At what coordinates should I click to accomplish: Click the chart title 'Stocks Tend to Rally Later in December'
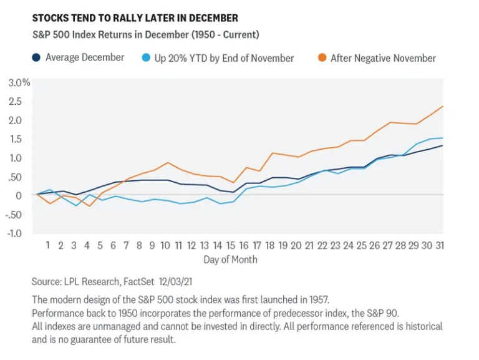point(135,18)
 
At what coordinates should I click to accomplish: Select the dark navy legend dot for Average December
point(37,58)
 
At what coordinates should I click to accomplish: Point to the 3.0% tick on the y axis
point(19,82)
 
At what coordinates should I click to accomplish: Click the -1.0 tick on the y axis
point(15,233)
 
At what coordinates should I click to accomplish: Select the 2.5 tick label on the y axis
point(16,101)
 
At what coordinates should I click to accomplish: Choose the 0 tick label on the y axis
point(19,195)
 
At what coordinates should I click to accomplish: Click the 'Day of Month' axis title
point(230,259)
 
